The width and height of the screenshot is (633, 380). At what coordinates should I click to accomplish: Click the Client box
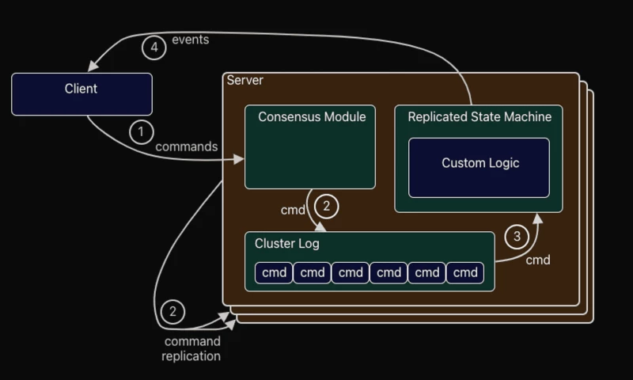81,93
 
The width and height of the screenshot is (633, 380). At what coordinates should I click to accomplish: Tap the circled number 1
141,131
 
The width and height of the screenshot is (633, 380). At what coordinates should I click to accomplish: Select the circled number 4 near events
154,47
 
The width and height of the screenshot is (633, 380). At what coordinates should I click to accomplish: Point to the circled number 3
517,236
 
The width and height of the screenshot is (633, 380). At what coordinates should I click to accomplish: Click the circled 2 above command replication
172,311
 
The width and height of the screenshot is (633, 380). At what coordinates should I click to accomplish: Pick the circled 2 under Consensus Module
326,207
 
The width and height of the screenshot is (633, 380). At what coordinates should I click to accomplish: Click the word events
190,40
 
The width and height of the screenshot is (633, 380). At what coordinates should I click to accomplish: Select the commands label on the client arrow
186,146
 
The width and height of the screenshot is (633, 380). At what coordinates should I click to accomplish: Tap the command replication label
191,349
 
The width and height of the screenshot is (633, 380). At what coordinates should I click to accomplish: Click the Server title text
245,81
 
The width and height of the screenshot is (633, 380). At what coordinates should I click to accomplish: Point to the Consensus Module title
312,117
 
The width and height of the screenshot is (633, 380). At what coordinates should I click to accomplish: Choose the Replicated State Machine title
479,117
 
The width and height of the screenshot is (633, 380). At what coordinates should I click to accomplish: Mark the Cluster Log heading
287,244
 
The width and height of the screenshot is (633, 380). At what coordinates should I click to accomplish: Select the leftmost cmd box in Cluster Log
274,272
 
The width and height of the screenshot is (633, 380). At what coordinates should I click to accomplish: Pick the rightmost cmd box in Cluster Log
465,272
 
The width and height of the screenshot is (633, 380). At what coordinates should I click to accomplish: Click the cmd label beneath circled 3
538,260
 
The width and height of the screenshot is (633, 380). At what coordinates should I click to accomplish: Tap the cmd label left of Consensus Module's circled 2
294,210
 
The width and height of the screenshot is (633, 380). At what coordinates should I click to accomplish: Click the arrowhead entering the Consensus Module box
240,159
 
